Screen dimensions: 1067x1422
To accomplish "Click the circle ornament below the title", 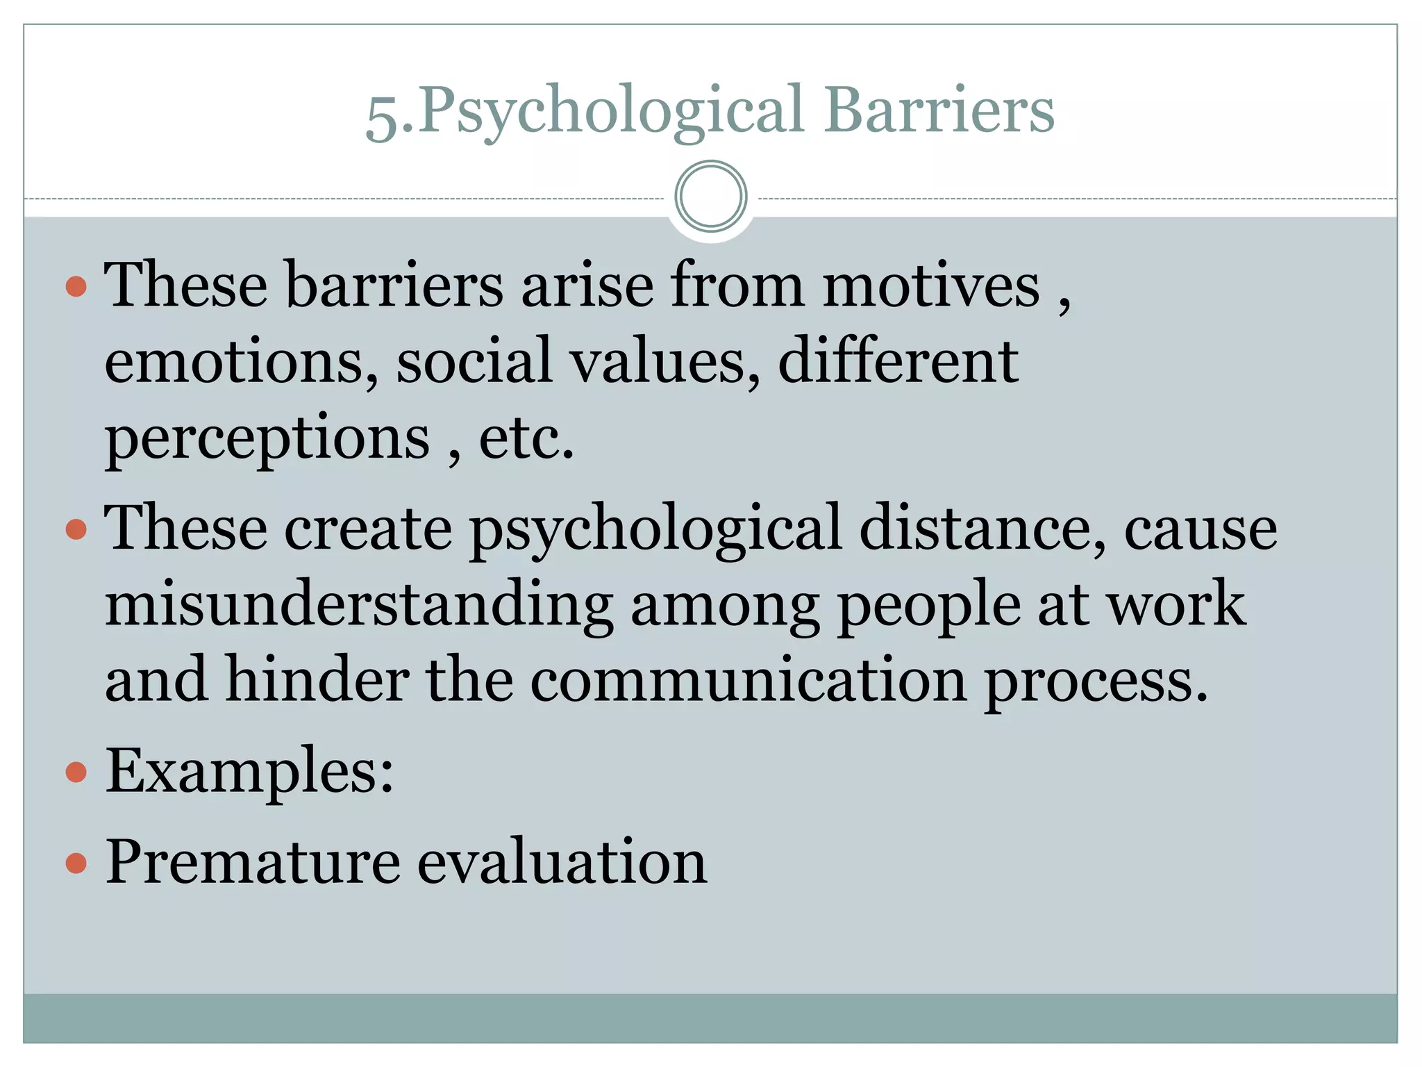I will [x=710, y=197].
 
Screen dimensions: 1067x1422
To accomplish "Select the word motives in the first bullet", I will [x=931, y=285].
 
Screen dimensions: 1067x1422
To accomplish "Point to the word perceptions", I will [x=268, y=439].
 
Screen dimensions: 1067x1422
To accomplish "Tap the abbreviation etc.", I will [x=526, y=438].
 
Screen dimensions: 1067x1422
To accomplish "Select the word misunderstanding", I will [x=359, y=604].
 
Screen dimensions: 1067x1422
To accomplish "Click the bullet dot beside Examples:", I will [x=76, y=772].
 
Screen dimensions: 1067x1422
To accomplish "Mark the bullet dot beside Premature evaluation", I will [x=76, y=863].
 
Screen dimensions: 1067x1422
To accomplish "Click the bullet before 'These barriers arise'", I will [x=76, y=286].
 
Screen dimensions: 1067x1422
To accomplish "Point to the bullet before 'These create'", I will [x=76, y=529].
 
